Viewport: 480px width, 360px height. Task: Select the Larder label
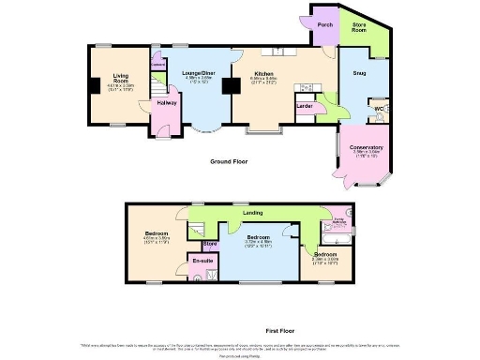tap(304, 107)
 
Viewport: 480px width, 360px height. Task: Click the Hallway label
tap(167, 102)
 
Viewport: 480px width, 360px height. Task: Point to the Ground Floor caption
tap(228, 161)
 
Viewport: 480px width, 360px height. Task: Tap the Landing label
tap(251, 214)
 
